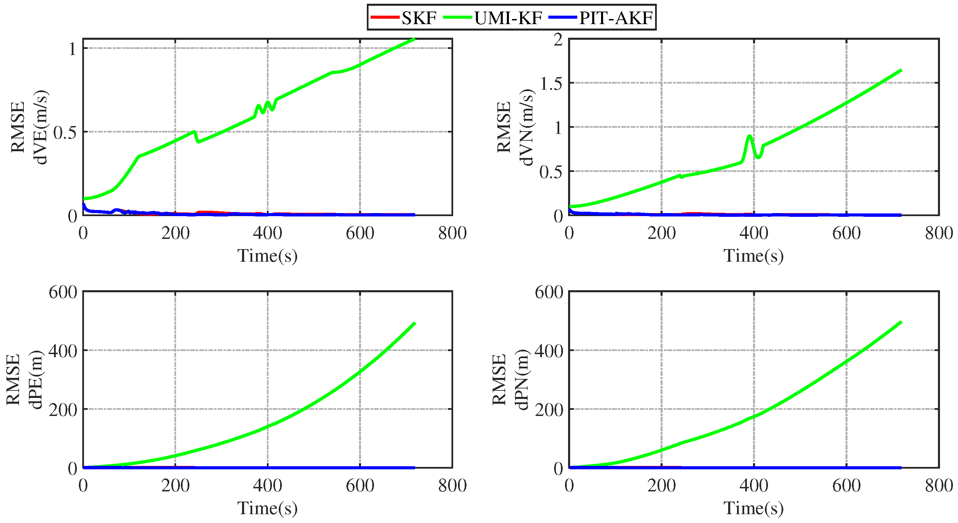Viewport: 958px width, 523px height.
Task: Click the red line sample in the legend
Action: [384, 17]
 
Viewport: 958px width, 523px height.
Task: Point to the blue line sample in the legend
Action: [562, 17]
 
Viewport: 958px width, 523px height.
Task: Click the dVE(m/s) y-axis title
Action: [40, 127]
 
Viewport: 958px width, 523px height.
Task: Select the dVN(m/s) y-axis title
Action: [526, 127]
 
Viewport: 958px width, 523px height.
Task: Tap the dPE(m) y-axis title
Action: [36, 380]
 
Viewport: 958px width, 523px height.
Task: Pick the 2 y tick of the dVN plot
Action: [558, 40]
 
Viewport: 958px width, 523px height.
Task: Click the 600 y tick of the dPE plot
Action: [63, 292]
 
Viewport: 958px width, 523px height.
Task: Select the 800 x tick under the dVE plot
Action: [452, 233]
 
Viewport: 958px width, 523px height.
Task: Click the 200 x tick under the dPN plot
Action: [662, 486]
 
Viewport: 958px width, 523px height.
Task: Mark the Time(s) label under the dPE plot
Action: [268, 508]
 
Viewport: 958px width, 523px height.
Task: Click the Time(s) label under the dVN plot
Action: [753, 256]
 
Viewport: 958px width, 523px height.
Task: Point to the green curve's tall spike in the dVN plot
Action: [750, 136]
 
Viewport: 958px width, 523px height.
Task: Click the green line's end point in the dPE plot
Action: [414, 324]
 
